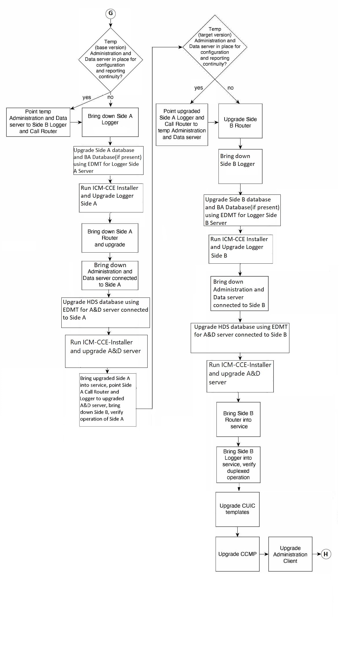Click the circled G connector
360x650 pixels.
click(111, 13)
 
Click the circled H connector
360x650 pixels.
click(326, 554)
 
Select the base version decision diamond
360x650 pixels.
click(111, 60)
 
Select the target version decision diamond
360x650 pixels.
click(215, 47)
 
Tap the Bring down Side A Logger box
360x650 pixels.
click(110, 122)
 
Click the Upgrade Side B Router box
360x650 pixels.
click(240, 121)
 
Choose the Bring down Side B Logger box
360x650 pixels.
click(240, 166)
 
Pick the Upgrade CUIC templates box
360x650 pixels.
click(238, 509)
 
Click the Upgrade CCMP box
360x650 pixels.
click(238, 554)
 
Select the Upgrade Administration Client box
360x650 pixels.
click(290, 554)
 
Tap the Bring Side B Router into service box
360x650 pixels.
click(238, 419)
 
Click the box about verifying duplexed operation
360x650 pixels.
click(238, 465)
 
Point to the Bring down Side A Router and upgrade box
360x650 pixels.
click(110, 238)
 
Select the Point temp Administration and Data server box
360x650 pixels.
click(38, 122)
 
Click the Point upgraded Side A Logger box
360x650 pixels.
click(182, 125)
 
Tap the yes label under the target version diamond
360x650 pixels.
click(199, 88)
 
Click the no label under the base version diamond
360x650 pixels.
click(111, 97)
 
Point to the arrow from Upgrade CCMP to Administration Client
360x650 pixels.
click(264, 554)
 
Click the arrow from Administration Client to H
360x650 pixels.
click(317, 554)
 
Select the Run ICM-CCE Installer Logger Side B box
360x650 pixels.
click(241, 249)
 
